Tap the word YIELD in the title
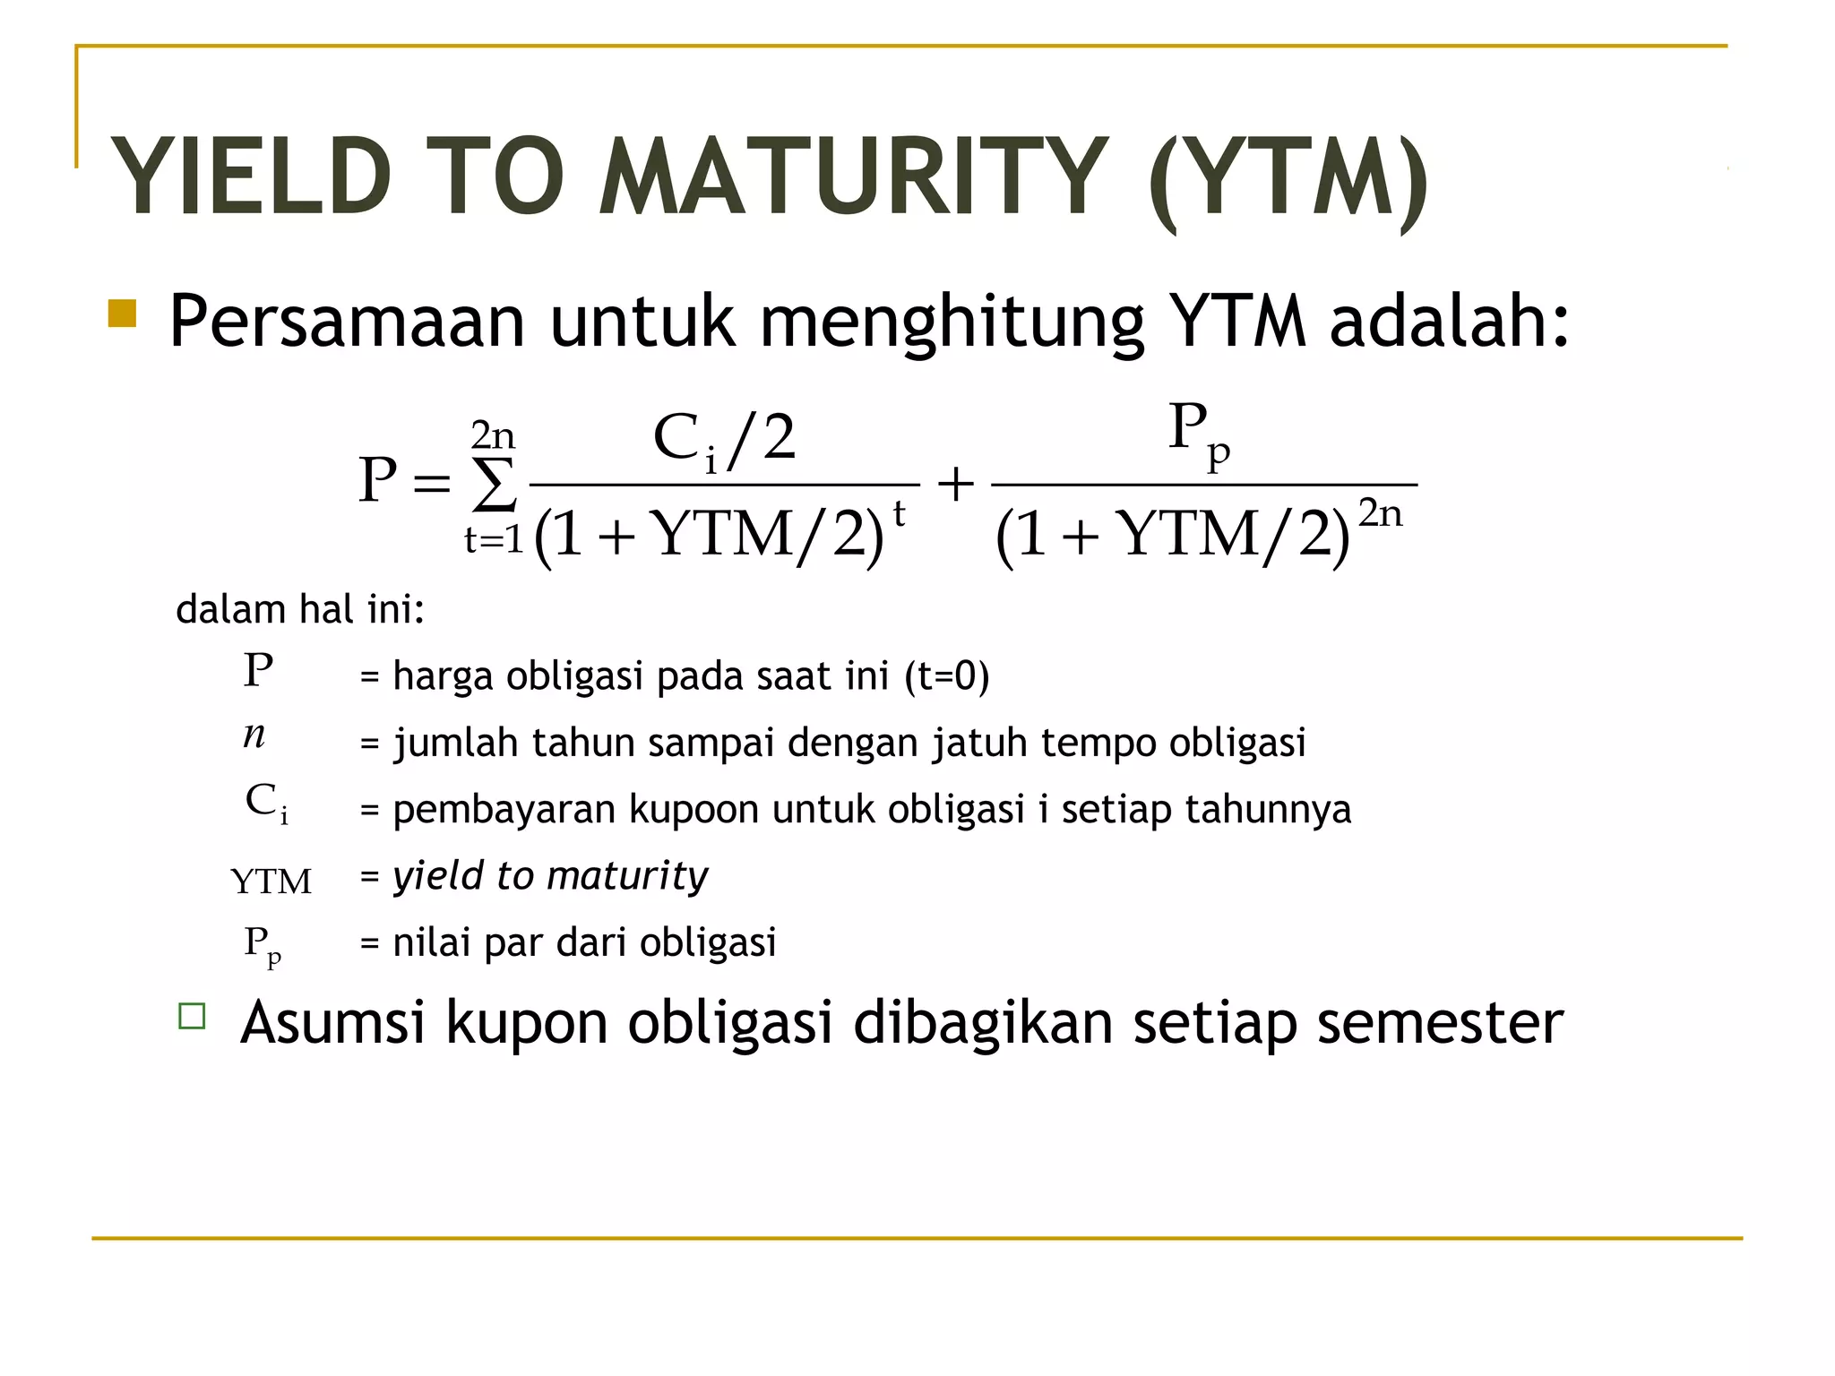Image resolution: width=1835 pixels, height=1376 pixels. pos(251,177)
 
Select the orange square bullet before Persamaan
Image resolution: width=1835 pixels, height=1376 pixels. pos(122,314)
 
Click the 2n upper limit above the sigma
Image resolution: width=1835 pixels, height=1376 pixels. pos(493,436)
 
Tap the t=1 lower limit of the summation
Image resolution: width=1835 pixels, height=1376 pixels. pos(494,539)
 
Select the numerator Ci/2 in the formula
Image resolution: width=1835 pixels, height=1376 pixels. pos(724,440)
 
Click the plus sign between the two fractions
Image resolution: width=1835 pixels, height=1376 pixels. pos(955,485)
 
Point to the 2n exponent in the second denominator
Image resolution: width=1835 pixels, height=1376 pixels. pos(1380,513)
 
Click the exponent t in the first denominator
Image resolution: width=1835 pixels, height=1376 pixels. pos(899,515)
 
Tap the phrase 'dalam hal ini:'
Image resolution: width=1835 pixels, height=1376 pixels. pos(299,610)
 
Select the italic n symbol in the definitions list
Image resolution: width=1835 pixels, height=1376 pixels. pos(254,735)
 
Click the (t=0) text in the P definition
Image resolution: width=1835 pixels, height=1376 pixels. pos(946,676)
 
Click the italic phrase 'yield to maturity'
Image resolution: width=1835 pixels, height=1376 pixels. pos(550,875)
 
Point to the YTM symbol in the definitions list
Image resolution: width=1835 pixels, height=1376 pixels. pos(271,881)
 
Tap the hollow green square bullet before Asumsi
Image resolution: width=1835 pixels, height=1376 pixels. pos(192,1016)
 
